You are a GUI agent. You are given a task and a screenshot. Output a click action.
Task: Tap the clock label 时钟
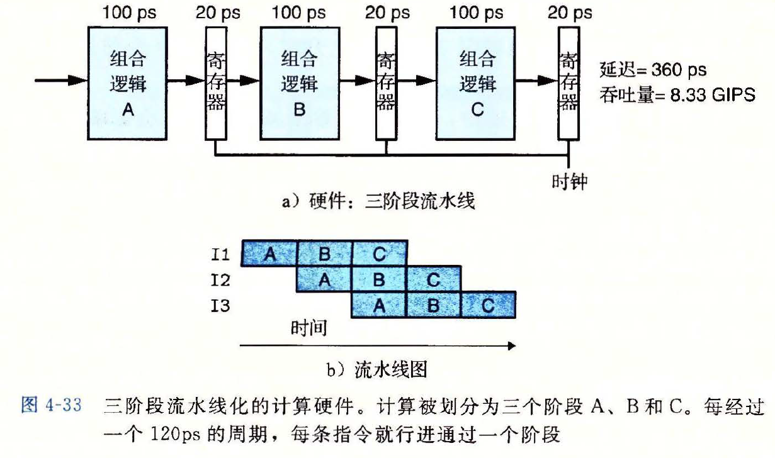pos(569,182)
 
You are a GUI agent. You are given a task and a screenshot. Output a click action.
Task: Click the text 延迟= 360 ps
pos(653,70)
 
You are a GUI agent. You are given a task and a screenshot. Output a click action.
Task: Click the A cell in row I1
pos(270,254)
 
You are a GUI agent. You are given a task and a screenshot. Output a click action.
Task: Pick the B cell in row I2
pos(379,279)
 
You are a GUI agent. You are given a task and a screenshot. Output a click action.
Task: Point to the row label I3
pos(220,306)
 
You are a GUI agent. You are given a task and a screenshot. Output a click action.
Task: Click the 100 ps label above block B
pos(299,13)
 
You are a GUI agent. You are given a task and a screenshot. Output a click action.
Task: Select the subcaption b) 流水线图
pos(377,369)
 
